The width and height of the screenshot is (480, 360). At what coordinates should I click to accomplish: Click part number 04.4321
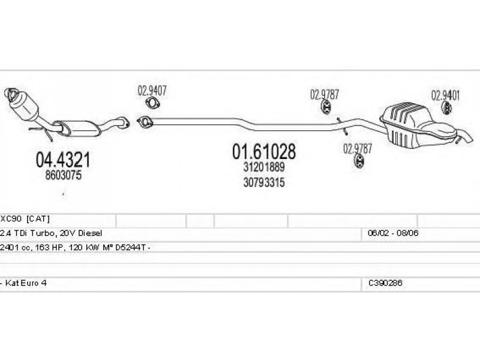click(x=63, y=159)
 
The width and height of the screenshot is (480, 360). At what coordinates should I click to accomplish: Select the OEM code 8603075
click(x=62, y=176)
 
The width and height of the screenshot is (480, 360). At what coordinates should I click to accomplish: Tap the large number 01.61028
click(x=264, y=151)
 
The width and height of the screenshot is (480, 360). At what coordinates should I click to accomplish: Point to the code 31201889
click(x=264, y=167)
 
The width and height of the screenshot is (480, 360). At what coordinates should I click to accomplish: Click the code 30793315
click(x=264, y=182)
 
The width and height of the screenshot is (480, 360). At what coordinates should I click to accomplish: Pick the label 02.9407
click(x=152, y=91)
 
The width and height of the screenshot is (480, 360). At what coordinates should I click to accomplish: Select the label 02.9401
click(x=446, y=95)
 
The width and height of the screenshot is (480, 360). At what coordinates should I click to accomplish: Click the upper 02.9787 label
click(x=325, y=94)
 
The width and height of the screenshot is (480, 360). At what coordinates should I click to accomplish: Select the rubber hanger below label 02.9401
click(x=447, y=108)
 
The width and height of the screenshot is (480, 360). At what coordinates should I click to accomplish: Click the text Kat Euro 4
click(x=25, y=282)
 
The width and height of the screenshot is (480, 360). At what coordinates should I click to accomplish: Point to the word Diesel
click(x=90, y=233)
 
